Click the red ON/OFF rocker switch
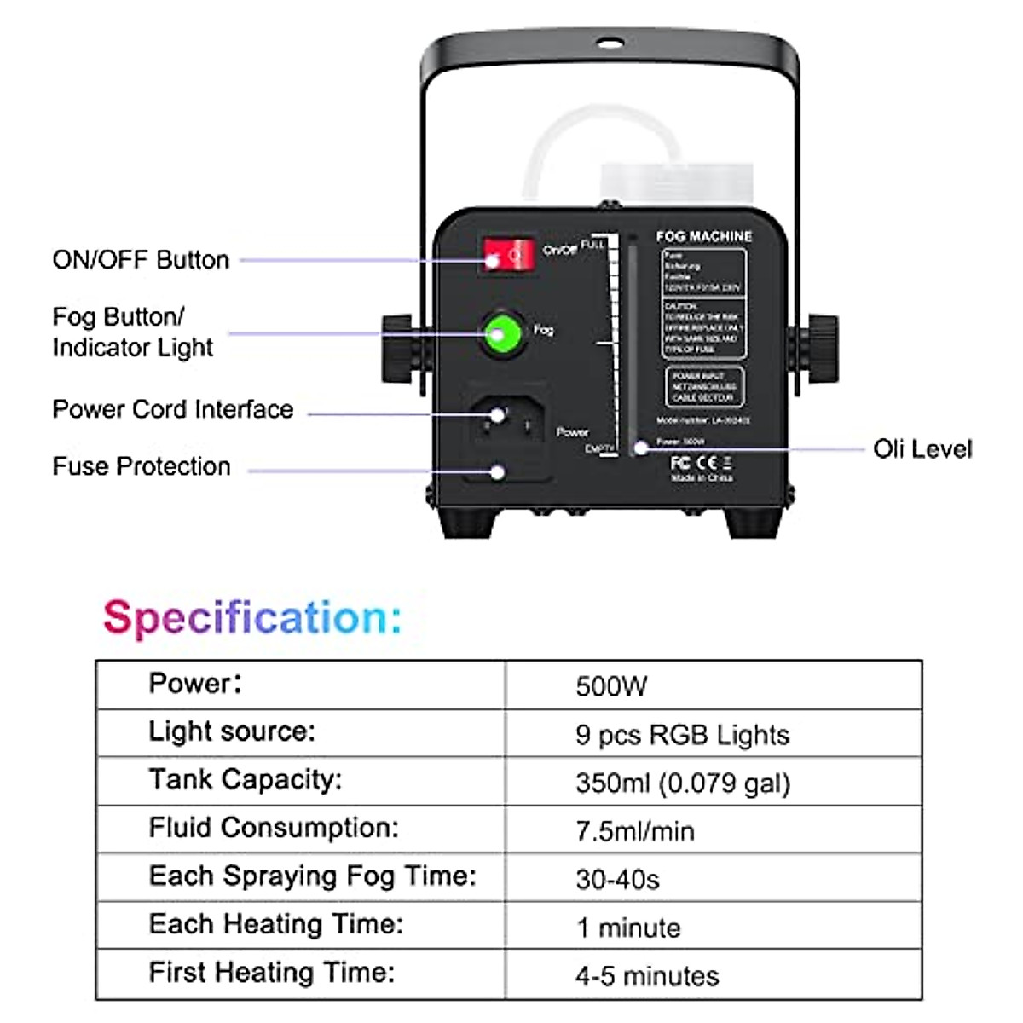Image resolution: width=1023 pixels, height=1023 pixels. (x=509, y=255)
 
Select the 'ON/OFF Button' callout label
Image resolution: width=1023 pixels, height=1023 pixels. (x=141, y=260)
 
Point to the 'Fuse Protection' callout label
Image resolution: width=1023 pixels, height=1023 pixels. (x=142, y=466)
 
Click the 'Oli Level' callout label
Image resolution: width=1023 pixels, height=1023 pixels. (x=922, y=449)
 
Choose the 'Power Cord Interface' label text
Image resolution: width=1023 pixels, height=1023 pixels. (x=173, y=409)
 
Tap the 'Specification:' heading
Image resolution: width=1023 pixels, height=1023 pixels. (x=252, y=617)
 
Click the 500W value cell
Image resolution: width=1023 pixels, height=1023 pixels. (x=611, y=686)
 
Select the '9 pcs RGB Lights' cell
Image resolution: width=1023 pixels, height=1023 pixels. (x=682, y=735)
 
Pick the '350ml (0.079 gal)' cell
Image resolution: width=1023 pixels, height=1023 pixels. (x=683, y=783)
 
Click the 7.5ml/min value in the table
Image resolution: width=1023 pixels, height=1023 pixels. (x=635, y=831)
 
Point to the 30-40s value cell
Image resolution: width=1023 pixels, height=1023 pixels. (x=617, y=879)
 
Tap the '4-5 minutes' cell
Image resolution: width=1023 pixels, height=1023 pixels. (x=647, y=975)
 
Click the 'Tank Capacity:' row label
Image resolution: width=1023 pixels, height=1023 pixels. (x=245, y=779)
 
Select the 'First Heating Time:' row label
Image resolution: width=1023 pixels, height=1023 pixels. (x=272, y=972)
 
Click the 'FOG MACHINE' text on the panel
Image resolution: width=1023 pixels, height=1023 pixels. (x=704, y=236)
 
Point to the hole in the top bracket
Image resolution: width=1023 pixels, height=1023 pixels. (x=610, y=43)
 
